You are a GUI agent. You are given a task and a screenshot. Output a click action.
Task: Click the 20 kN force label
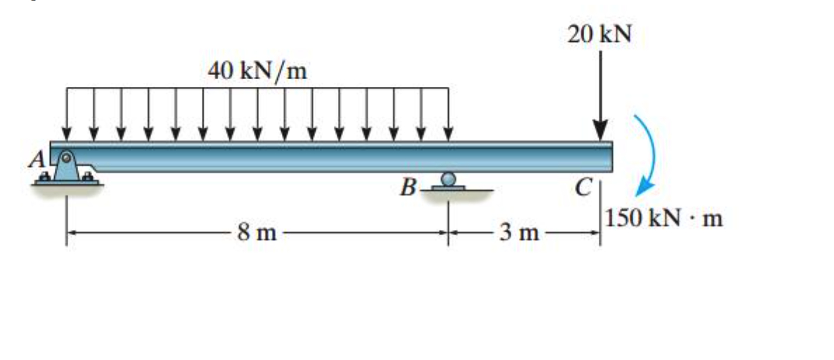tap(599, 34)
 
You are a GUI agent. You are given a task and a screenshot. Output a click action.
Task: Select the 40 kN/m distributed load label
tap(257, 70)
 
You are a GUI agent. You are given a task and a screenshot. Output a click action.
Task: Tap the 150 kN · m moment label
tap(664, 218)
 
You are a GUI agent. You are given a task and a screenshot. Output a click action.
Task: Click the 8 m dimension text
tap(257, 232)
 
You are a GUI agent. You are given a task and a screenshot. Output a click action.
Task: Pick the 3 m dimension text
tap(519, 232)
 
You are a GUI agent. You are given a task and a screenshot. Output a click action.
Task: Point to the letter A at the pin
tap(38, 160)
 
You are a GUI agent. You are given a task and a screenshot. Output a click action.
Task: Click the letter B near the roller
tap(408, 186)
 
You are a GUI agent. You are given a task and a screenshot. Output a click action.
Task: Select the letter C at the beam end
tap(583, 186)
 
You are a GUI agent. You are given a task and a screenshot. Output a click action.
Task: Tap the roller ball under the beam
tap(448, 179)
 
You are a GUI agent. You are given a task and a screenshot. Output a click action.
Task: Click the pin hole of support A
tap(66, 158)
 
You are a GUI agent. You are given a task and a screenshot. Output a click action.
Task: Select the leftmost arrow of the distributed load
tap(66, 115)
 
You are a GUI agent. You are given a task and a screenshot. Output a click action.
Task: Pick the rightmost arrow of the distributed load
tap(448, 115)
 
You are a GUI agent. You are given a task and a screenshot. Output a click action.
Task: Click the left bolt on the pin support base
tap(45, 177)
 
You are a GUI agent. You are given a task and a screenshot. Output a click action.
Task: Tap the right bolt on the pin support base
tap(88, 177)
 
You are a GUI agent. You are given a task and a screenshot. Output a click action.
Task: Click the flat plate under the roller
tap(448, 188)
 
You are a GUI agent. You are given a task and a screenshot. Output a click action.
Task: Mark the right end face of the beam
tap(611, 157)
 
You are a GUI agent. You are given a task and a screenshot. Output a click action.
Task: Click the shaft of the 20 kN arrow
tap(600, 86)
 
